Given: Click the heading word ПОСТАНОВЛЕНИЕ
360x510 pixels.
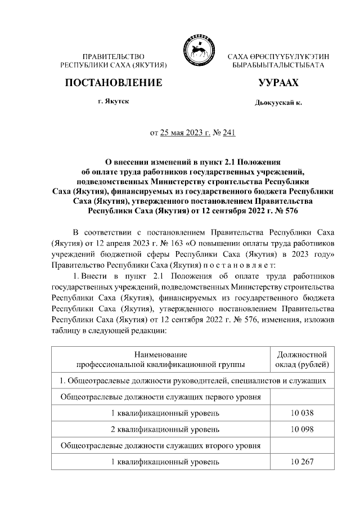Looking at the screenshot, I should click(114, 83).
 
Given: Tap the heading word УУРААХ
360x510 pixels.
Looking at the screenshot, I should click(278, 83).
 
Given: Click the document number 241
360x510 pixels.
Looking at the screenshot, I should click(228, 133).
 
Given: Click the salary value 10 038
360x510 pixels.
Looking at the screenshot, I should click(302, 413).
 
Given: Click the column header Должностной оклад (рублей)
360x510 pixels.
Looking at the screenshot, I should click(302, 360).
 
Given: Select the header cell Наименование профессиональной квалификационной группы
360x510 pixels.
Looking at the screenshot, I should click(161, 360).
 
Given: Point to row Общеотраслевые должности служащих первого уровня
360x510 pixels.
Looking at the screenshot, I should click(161, 397).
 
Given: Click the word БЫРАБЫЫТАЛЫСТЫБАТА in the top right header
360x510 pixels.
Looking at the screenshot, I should click(278, 66).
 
